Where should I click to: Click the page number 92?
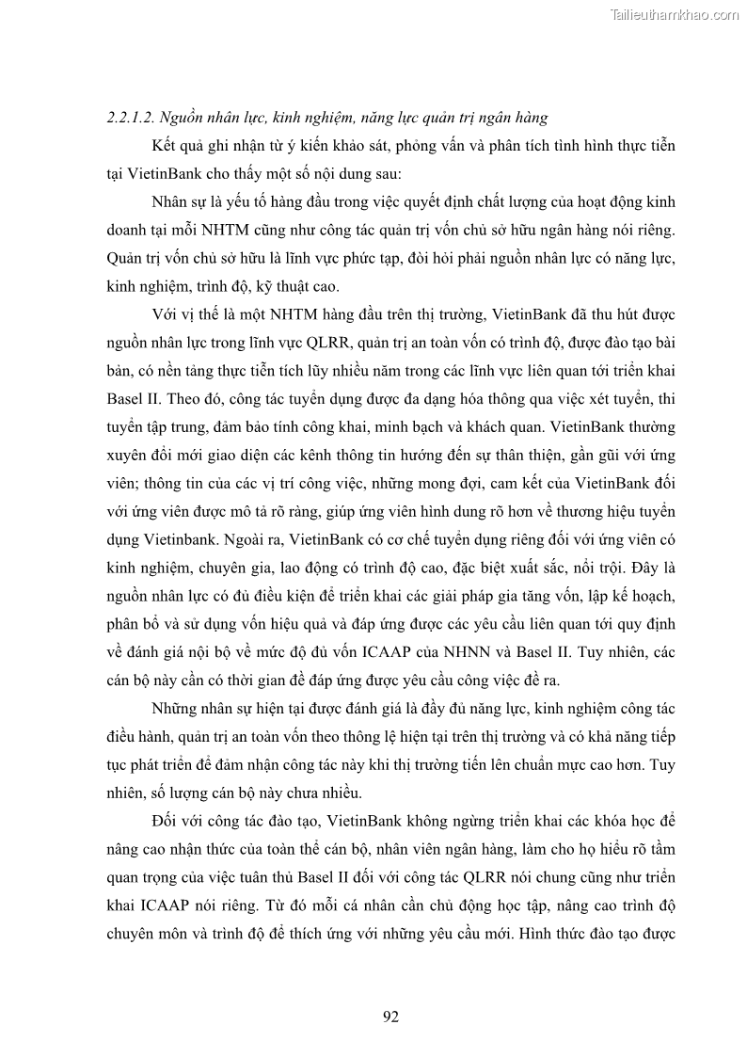(391, 1016)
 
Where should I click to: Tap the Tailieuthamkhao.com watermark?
(675, 14)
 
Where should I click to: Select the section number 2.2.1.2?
(131, 118)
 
